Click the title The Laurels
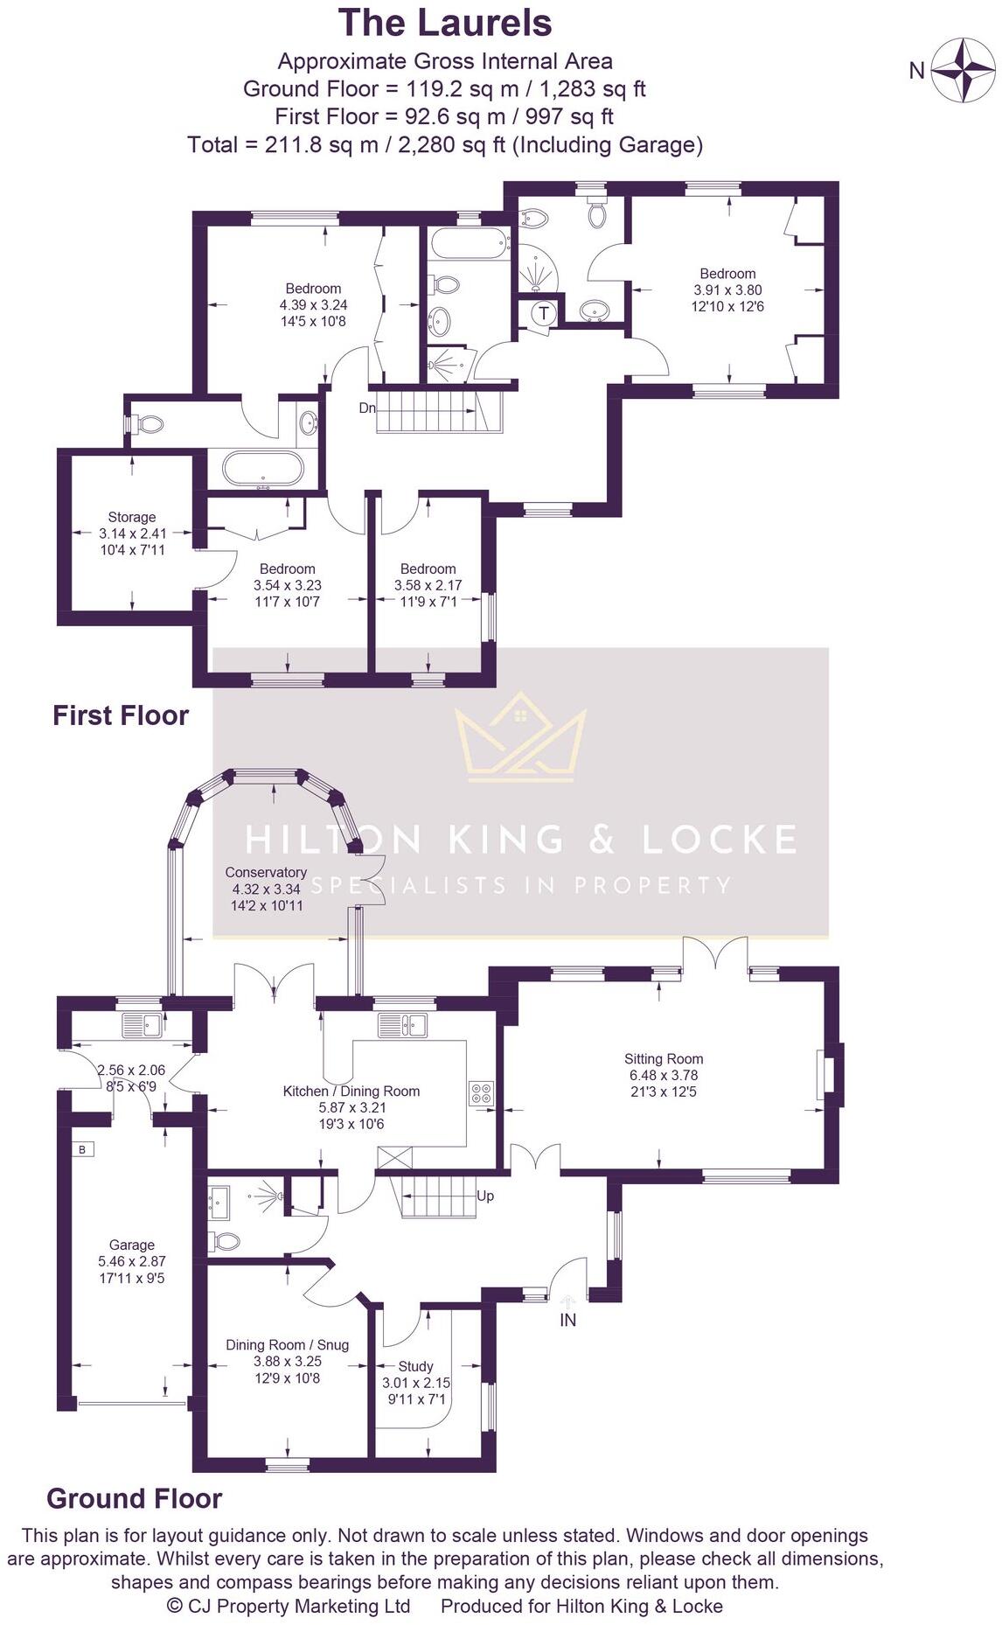[x=445, y=23]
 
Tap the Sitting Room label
[x=664, y=1059]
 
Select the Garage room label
[x=132, y=1245]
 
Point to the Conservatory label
[x=266, y=872]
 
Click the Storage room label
[x=132, y=517]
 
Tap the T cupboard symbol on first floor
[x=544, y=312]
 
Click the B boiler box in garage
[x=82, y=1149]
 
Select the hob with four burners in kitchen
[x=481, y=1092]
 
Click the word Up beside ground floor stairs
[x=485, y=1196]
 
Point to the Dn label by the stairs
[x=368, y=408]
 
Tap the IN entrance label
[x=568, y=1320]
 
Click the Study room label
[x=416, y=1366]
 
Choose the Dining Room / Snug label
[x=287, y=1345]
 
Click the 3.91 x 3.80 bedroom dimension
[x=727, y=290]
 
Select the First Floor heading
[x=121, y=715]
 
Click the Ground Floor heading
[x=134, y=1498]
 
